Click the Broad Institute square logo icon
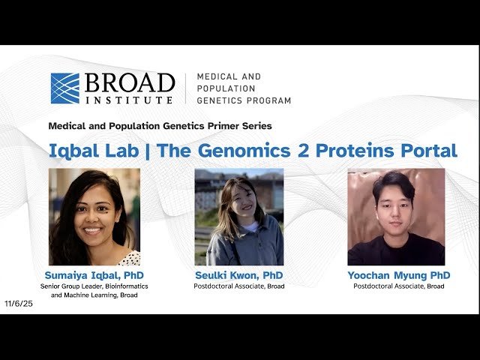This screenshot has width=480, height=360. pyautogui.click(x=64, y=88)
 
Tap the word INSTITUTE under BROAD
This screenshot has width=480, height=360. pyautogui.click(x=129, y=99)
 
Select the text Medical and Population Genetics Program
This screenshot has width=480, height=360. pyautogui.click(x=243, y=88)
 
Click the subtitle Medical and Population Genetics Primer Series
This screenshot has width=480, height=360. pyautogui.click(x=160, y=126)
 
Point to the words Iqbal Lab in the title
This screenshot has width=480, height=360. pyautogui.click(x=93, y=150)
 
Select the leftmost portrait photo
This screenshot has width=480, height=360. pyautogui.click(x=94, y=217)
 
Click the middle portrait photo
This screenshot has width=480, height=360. pyautogui.click(x=239, y=217)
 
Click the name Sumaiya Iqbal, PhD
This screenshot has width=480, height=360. pyautogui.click(x=94, y=275)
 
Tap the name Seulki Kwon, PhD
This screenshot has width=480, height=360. pyautogui.click(x=239, y=275)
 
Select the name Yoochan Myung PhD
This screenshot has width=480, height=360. pyautogui.click(x=398, y=275)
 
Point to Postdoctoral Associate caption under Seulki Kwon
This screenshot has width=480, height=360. pyautogui.click(x=239, y=286)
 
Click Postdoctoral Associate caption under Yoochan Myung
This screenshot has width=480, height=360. pyautogui.click(x=398, y=286)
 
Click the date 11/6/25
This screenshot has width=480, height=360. pyautogui.click(x=19, y=304)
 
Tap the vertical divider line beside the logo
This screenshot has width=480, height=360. pyautogui.click(x=185, y=88)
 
